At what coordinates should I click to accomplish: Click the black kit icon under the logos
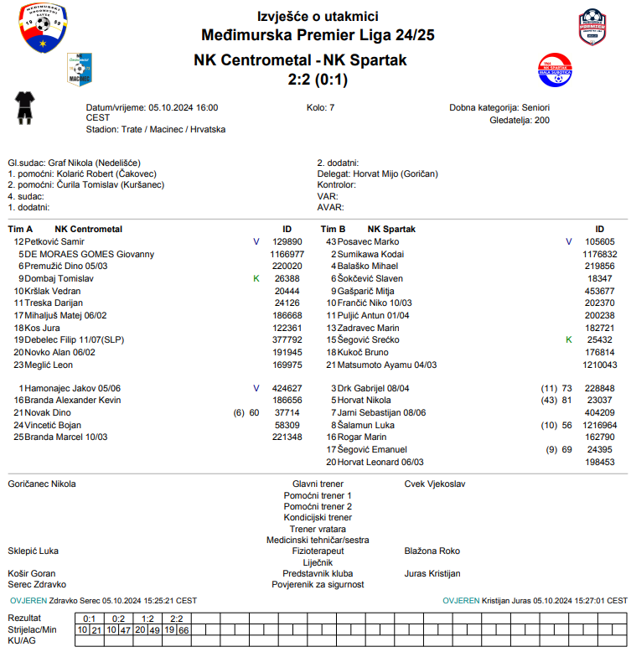(x=25, y=108)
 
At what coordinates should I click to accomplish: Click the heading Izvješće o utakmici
(x=318, y=17)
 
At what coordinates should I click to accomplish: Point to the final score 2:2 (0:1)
(x=318, y=80)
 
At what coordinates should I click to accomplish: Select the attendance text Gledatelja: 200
(x=520, y=120)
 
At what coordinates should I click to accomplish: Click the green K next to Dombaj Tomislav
(x=256, y=278)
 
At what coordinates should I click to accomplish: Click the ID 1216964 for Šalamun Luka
(x=599, y=425)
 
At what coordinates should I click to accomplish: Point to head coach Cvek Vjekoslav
(x=434, y=484)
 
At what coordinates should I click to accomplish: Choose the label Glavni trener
(x=318, y=484)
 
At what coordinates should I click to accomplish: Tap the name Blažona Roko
(x=432, y=551)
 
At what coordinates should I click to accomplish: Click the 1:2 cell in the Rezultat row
(x=147, y=618)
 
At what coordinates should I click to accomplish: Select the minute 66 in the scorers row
(x=184, y=629)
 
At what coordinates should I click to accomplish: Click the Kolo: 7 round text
(x=321, y=108)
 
